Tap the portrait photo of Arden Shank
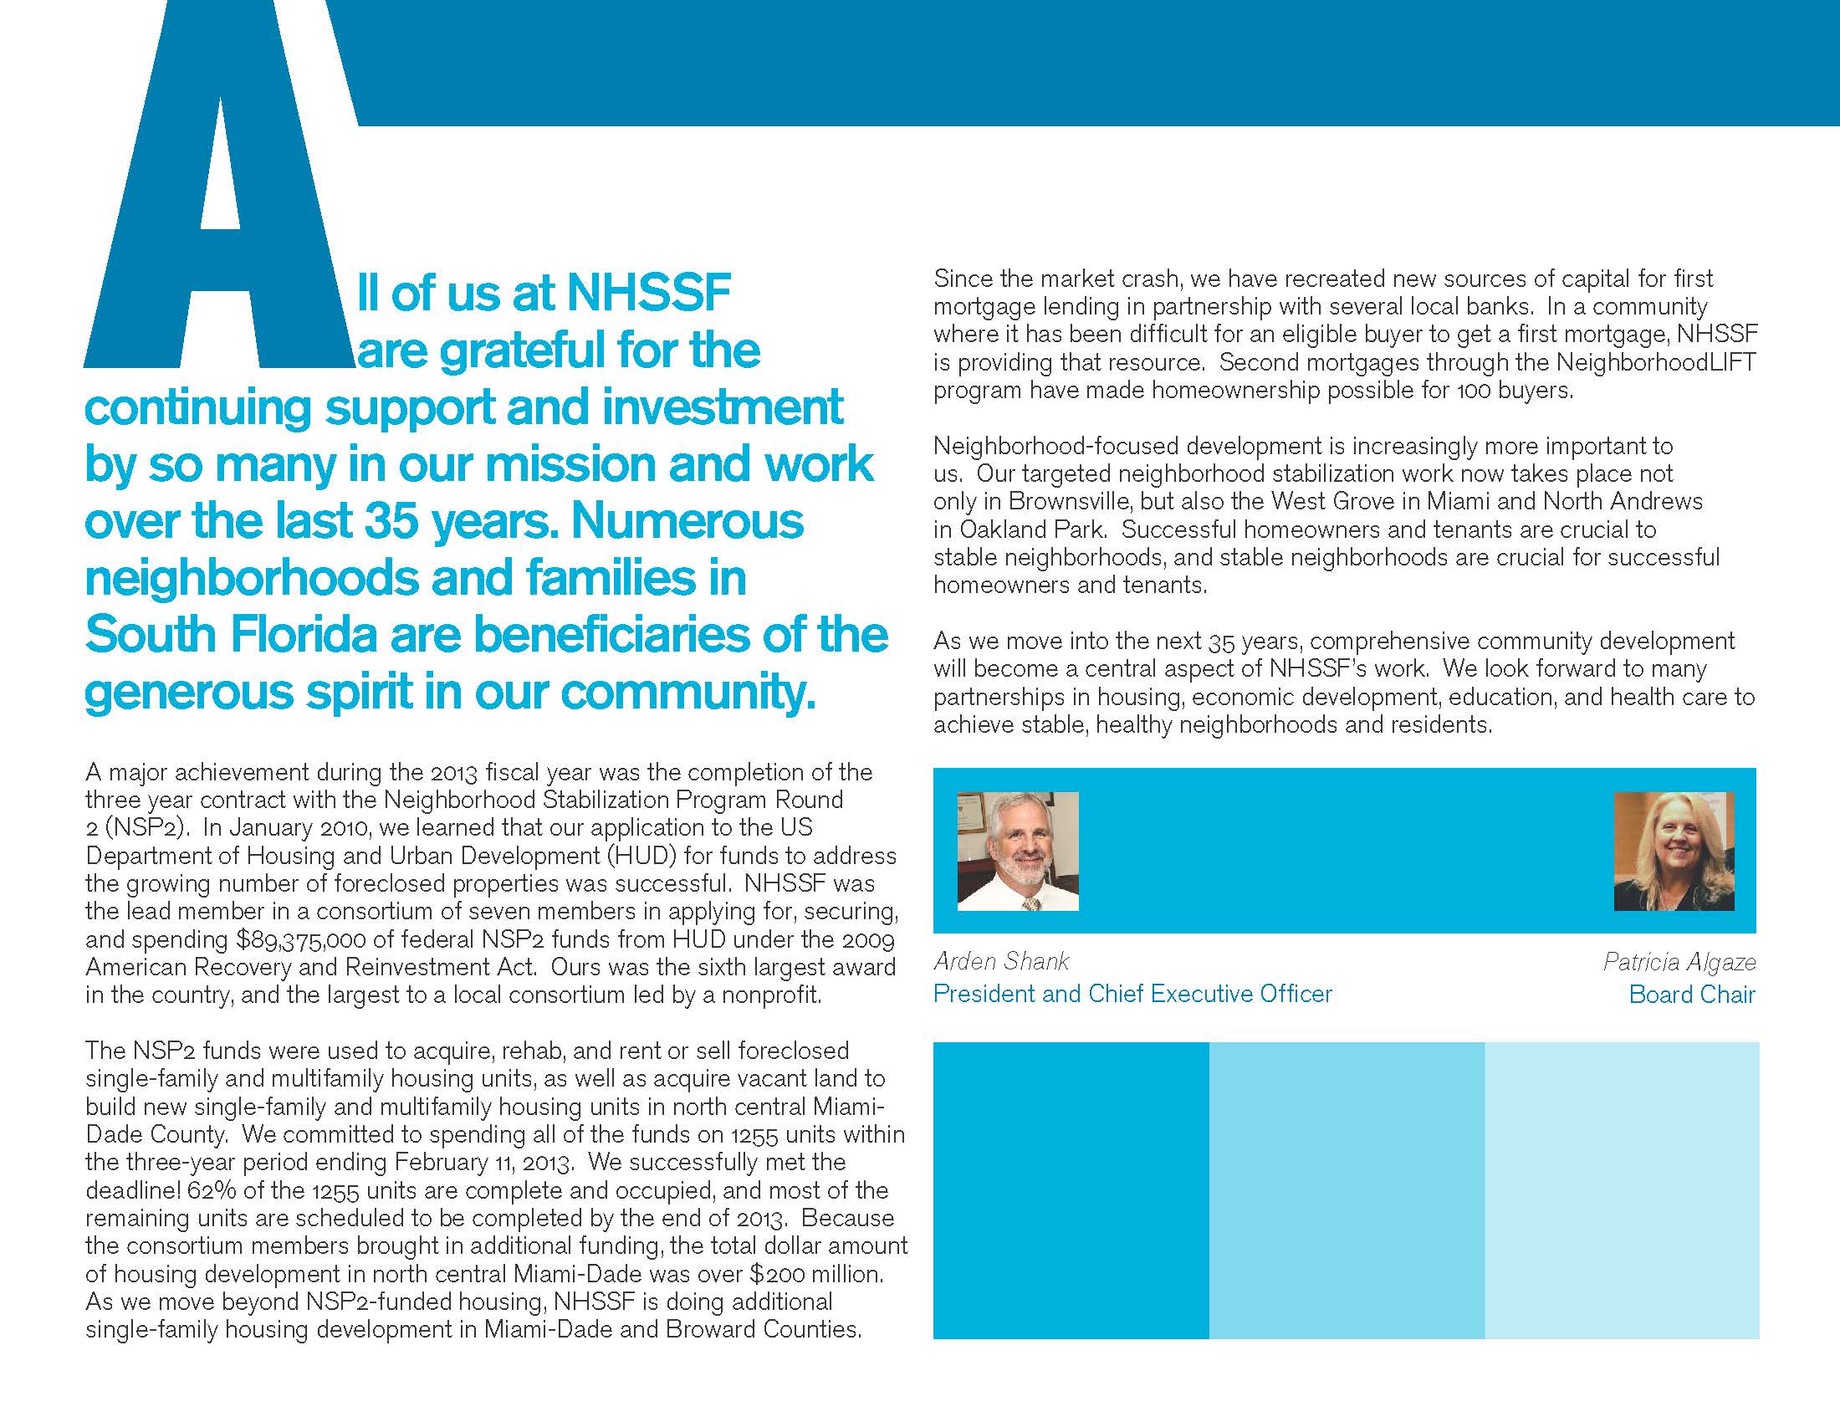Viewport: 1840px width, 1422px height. tap(1018, 851)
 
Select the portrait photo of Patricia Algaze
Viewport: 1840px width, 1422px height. tap(1674, 851)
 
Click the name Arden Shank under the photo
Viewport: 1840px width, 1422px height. tap(1001, 961)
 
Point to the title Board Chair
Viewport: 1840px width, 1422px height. tap(1692, 995)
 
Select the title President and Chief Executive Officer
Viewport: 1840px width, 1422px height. tap(1132, 994)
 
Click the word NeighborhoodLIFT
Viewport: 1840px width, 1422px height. tap(1656, 362)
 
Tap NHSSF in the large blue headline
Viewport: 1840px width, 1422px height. tap(648, 292)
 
